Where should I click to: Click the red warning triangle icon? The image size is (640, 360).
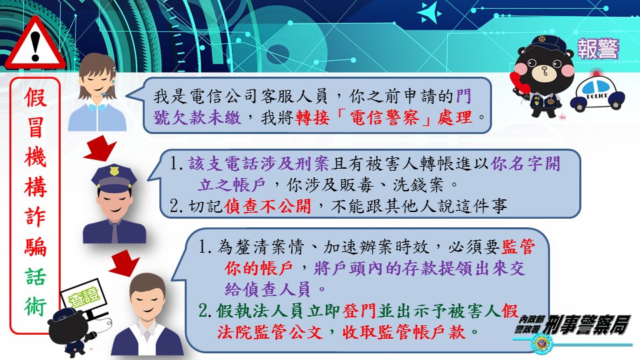[35, 43]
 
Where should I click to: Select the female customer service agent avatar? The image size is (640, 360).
[97, 93]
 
